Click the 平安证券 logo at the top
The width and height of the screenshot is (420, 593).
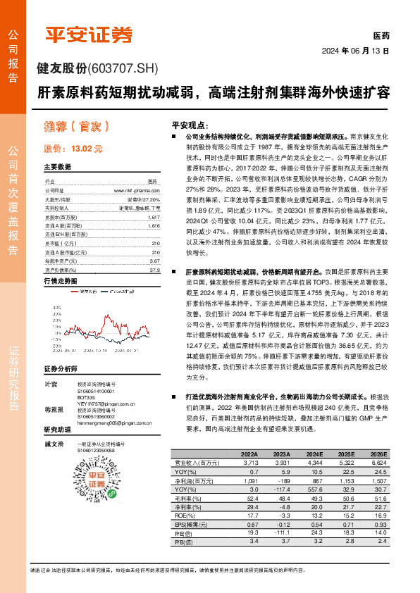coord(89,34)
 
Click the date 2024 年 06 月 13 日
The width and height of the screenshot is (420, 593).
coord(356,51)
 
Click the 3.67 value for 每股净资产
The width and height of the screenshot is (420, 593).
coord(154,261)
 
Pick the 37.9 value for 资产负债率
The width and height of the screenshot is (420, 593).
coord(154,269)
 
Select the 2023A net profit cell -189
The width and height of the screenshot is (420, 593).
coord(281,480)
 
